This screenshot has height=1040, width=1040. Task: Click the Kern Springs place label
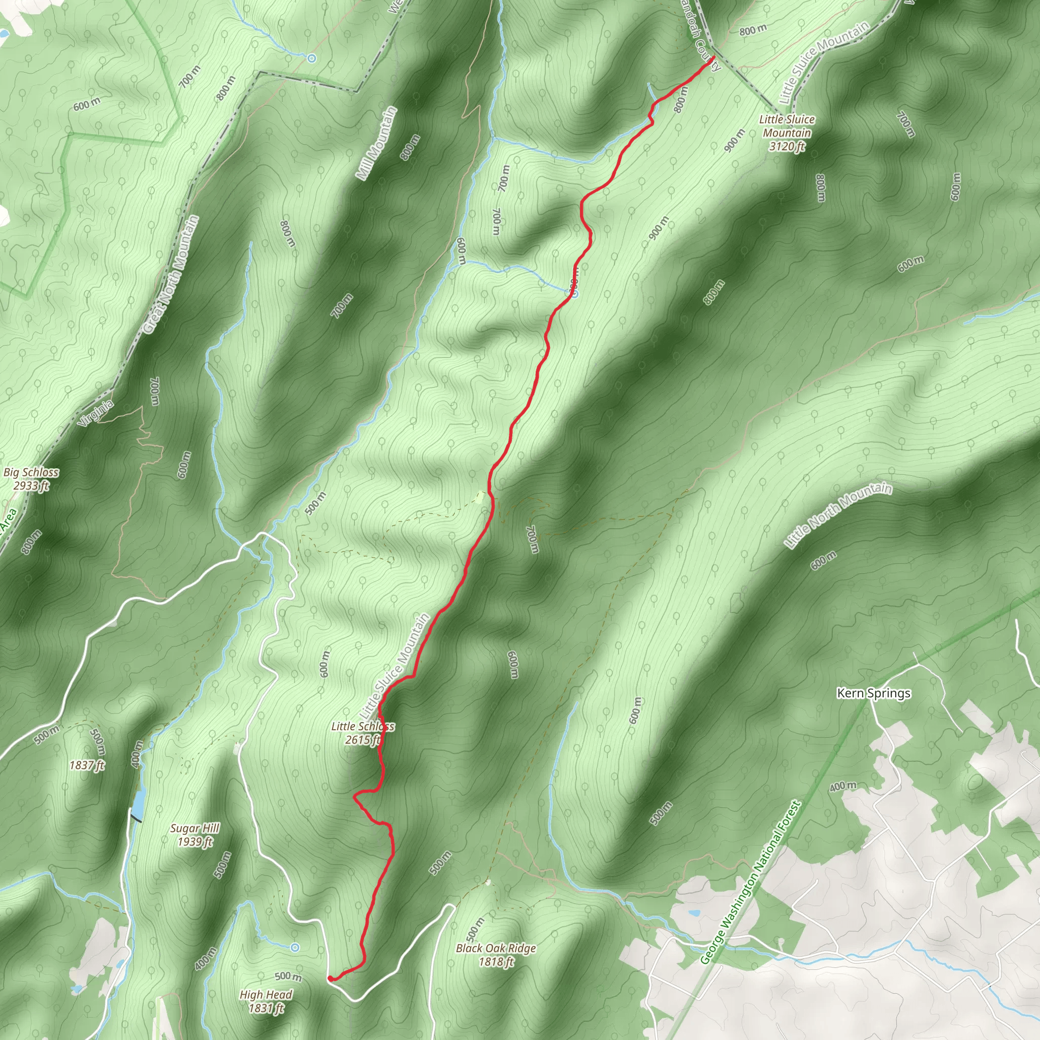[873, 693]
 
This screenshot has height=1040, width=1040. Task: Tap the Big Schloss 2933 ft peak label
[31, 478]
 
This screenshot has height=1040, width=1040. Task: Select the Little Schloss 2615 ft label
[363, 733]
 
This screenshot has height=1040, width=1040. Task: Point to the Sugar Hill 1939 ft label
[195, 835]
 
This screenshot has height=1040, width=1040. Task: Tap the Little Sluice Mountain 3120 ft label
[787, 133]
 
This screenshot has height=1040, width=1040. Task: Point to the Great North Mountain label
[171, 275]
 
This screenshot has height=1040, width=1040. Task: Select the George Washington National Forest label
[752, 883]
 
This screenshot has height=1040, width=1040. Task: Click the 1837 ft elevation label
[87, 764]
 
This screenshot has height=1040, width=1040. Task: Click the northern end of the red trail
[713, 56]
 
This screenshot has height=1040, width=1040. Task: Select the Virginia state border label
[95, 413]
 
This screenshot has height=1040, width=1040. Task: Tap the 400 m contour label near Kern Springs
[842, 787]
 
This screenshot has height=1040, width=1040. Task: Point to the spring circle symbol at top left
[311, 57]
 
